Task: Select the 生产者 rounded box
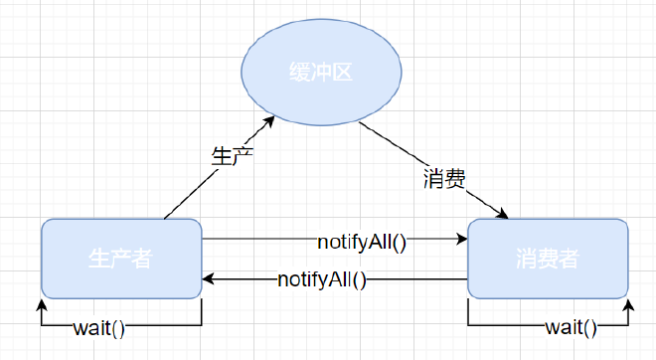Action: [121, 259]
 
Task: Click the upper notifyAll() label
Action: [363, 240]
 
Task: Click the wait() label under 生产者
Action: [99, 327]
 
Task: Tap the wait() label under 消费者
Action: [572, 327]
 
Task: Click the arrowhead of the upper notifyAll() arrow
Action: [462, 240]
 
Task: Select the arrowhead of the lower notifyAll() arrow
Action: [208, 279]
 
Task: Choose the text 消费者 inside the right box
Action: [548, 260]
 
